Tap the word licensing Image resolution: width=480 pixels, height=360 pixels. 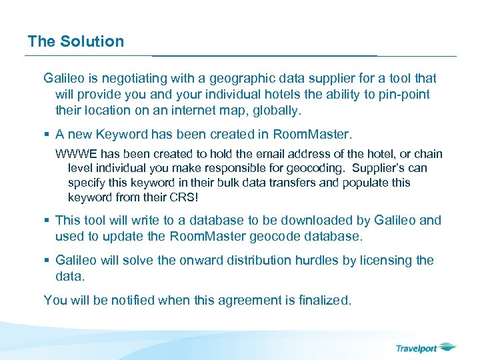385,260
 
